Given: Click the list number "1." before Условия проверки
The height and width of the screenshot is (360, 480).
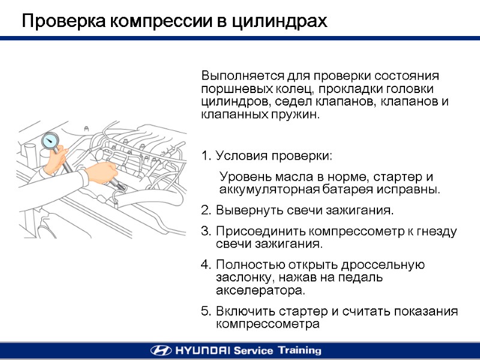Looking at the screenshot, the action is coord(206,157).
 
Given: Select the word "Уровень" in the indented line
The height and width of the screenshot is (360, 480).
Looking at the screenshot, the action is coord(242,177).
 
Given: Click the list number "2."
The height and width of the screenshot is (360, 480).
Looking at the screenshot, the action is coord(206,211).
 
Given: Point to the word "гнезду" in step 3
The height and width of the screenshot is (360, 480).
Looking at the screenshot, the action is coord(437,232).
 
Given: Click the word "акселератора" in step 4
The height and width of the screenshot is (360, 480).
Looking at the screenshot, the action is coord(259,290).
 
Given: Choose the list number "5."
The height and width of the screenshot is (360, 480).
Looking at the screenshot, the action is coord(206,311).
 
